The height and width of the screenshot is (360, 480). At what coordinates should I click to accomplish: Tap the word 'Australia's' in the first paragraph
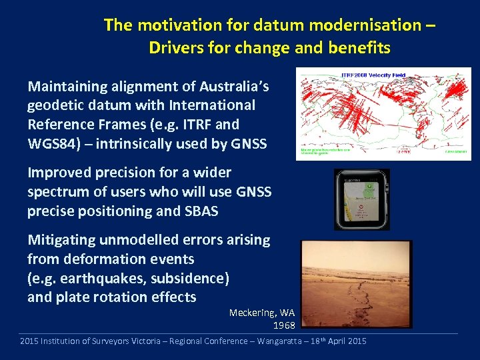235,86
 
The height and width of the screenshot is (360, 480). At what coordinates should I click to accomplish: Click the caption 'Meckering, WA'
261,313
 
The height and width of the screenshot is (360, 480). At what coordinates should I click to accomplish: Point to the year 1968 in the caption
284,325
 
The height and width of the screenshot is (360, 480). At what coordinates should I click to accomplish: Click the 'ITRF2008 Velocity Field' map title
373,75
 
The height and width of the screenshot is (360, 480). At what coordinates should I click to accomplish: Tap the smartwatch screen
362,199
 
